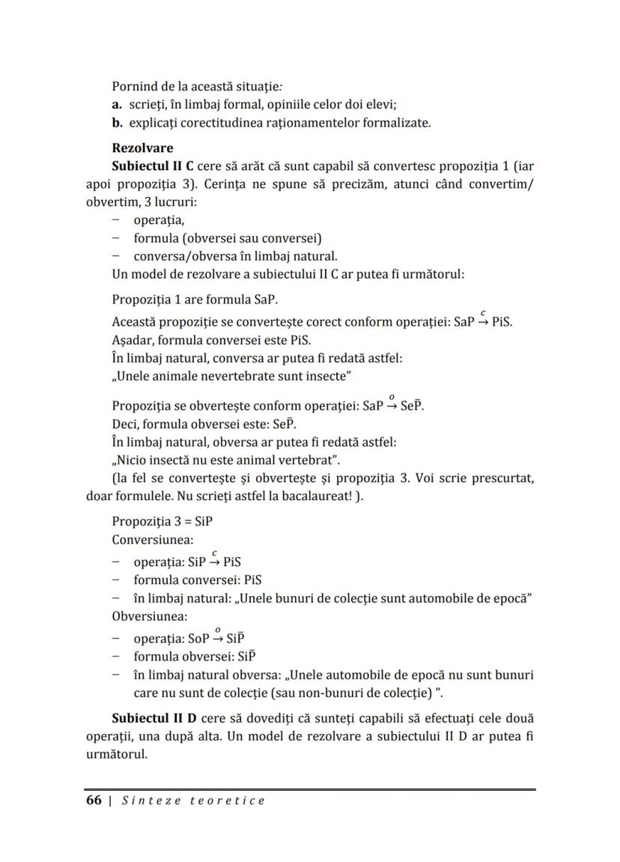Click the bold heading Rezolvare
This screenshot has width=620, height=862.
(142, 148)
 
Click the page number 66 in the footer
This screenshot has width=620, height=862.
(94, 800)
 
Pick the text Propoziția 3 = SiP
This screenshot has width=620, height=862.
(157, 521)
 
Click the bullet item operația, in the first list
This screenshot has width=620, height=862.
(159, 220)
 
